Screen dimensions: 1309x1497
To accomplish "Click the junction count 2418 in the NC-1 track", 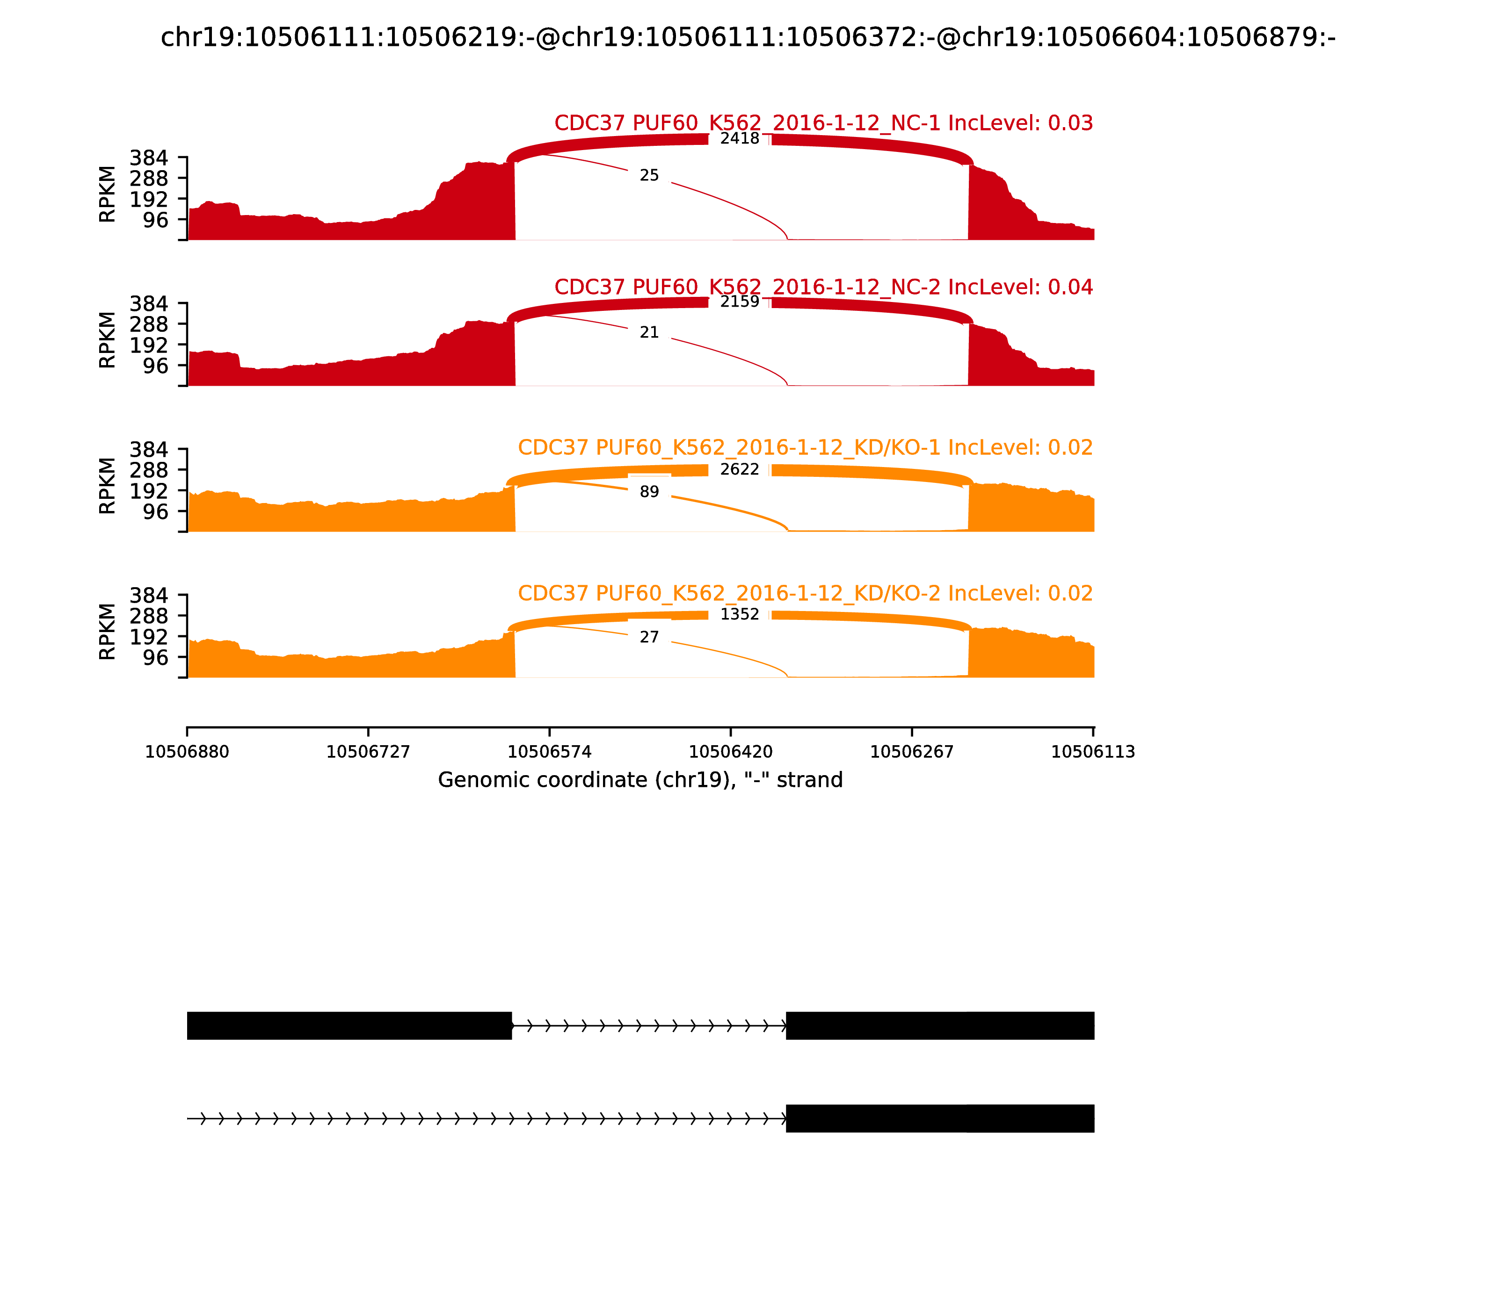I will tap(739, 139).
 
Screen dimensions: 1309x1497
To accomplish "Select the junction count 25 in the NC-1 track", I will tap(649, 175).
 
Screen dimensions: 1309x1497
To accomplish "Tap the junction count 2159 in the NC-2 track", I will tap(739, 302).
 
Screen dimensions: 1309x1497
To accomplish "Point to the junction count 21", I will tap(649, 332).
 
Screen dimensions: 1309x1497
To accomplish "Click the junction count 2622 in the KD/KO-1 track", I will tap(739, 469).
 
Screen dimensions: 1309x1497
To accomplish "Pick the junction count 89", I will tap(649, 492).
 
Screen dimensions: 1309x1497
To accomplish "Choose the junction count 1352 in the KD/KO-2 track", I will tap(739, 614).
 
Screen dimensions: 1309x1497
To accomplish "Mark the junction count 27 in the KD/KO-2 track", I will tap(649, 637).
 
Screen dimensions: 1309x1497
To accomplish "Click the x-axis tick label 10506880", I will tap(187, 752).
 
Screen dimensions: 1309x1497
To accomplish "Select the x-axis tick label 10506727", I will tap(369, 752).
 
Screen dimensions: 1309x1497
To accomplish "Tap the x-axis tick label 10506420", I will tap(731, 752).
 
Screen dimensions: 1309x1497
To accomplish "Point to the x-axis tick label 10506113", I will tap(1093, 752).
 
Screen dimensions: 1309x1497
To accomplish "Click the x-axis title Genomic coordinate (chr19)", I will tap(640, 780).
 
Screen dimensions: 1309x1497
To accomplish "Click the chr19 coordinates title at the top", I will tap(748, 37).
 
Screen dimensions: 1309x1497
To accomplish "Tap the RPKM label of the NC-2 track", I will tap(107, 340).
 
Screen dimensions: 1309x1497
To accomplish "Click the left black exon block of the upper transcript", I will tap(349, 1026).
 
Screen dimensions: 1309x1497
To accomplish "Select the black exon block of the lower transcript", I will tap(939, 1118).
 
